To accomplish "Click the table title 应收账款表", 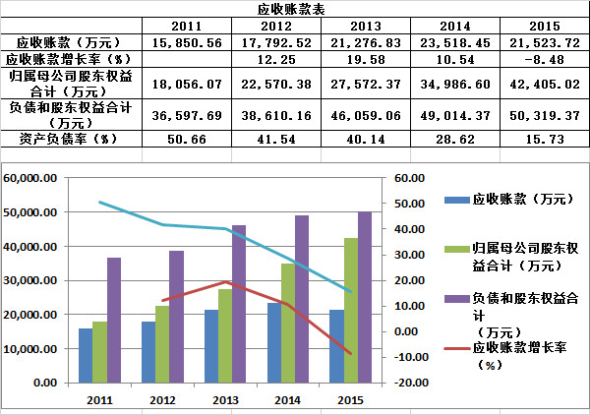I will tap(293, 8).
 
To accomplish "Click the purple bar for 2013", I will tap(239, 304).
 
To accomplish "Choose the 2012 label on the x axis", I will tap(162, 400).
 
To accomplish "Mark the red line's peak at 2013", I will tap(226, 281).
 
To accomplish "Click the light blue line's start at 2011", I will tap(99, 202).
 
